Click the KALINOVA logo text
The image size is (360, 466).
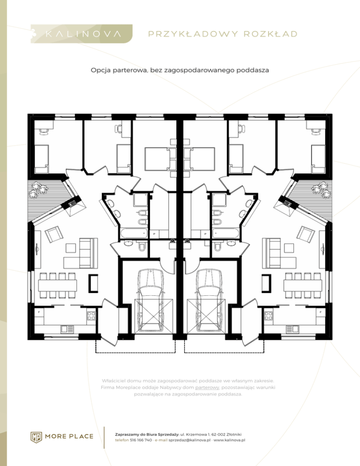click(83, 34)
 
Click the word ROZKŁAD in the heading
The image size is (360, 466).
click(270, 34)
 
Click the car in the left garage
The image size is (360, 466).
click(150, 300)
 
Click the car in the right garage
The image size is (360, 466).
click(209, 300)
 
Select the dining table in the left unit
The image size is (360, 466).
click(57, 286)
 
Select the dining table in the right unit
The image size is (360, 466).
click(303, 286)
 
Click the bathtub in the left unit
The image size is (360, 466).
click(134, 233)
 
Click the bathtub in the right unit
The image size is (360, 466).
click(225, 233)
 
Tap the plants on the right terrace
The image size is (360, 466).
click(322, 189)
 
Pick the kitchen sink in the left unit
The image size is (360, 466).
click(67, 329)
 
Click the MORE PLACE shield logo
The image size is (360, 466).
click(36, 436)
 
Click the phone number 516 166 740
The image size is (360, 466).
click(141, 440)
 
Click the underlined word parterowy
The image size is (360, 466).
click(207, 388)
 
